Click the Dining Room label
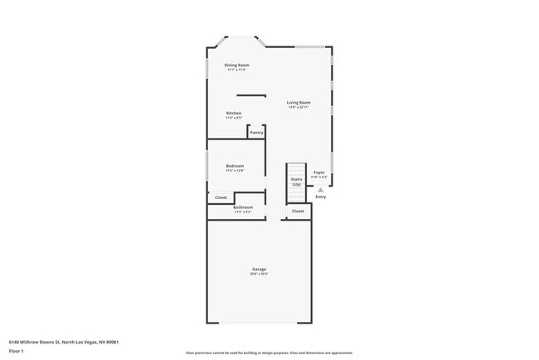(x=236, y=65)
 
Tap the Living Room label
(x=299, y=102)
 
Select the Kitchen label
(x=234, y=113)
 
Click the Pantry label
(x=256, y=133)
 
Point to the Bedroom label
(x=235, y=166)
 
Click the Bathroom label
(x=243, y=207)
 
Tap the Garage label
(x=260, y=269)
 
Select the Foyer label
(x=318, y=172)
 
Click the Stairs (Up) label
(x=296, y=181)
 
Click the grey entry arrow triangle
(x=321, y=190)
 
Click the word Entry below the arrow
(x=321, y=197)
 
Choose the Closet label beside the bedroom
(x=221, y=197)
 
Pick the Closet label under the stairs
(x=298, y=211)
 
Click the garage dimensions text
(x=260, y=274)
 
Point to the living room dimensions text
(x=299, y=107)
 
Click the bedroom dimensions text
(x=235, y=171)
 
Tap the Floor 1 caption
(x=16, y=351)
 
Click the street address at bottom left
(x=63, y=341)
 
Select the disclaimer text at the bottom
(x=269, y=351)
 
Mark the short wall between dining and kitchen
(x=251, y=95)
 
